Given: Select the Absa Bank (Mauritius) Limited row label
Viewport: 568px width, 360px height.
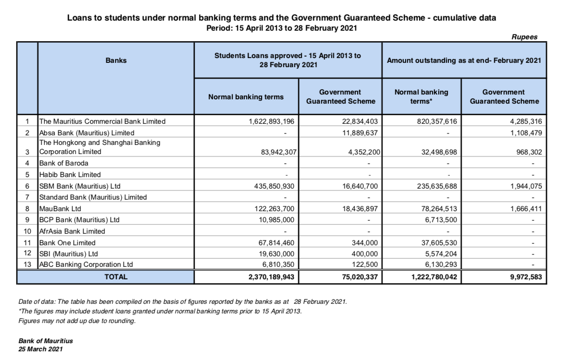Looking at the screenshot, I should [x=86, y=132].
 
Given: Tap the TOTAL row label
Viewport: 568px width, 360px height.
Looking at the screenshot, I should [x=116, y=277].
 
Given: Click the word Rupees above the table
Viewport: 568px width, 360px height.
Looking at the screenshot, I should [x=524, y=37].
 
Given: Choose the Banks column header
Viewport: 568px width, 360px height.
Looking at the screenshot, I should [x=116, y=60].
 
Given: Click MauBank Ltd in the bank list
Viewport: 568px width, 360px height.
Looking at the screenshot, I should [x=60, y=209].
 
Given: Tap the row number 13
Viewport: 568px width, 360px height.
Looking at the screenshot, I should [x=28, y=264].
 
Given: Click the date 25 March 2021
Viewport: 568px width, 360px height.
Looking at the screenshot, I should [x=40, y=349].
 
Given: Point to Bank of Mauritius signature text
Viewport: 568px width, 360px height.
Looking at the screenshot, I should [x=46, y=341].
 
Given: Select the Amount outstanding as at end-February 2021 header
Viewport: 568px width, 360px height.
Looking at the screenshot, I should [x=464, y=60].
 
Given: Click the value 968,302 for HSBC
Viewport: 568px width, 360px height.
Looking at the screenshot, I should [x=529, y=152].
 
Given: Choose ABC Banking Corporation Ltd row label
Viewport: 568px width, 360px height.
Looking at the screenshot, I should [x=86, y=264].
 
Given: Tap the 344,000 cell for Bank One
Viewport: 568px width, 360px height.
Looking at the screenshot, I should [x=366, y=243].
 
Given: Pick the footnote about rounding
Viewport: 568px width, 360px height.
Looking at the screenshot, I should [x=77, y=321].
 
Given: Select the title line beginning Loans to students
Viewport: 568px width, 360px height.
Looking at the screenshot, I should [x=281, y=18].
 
